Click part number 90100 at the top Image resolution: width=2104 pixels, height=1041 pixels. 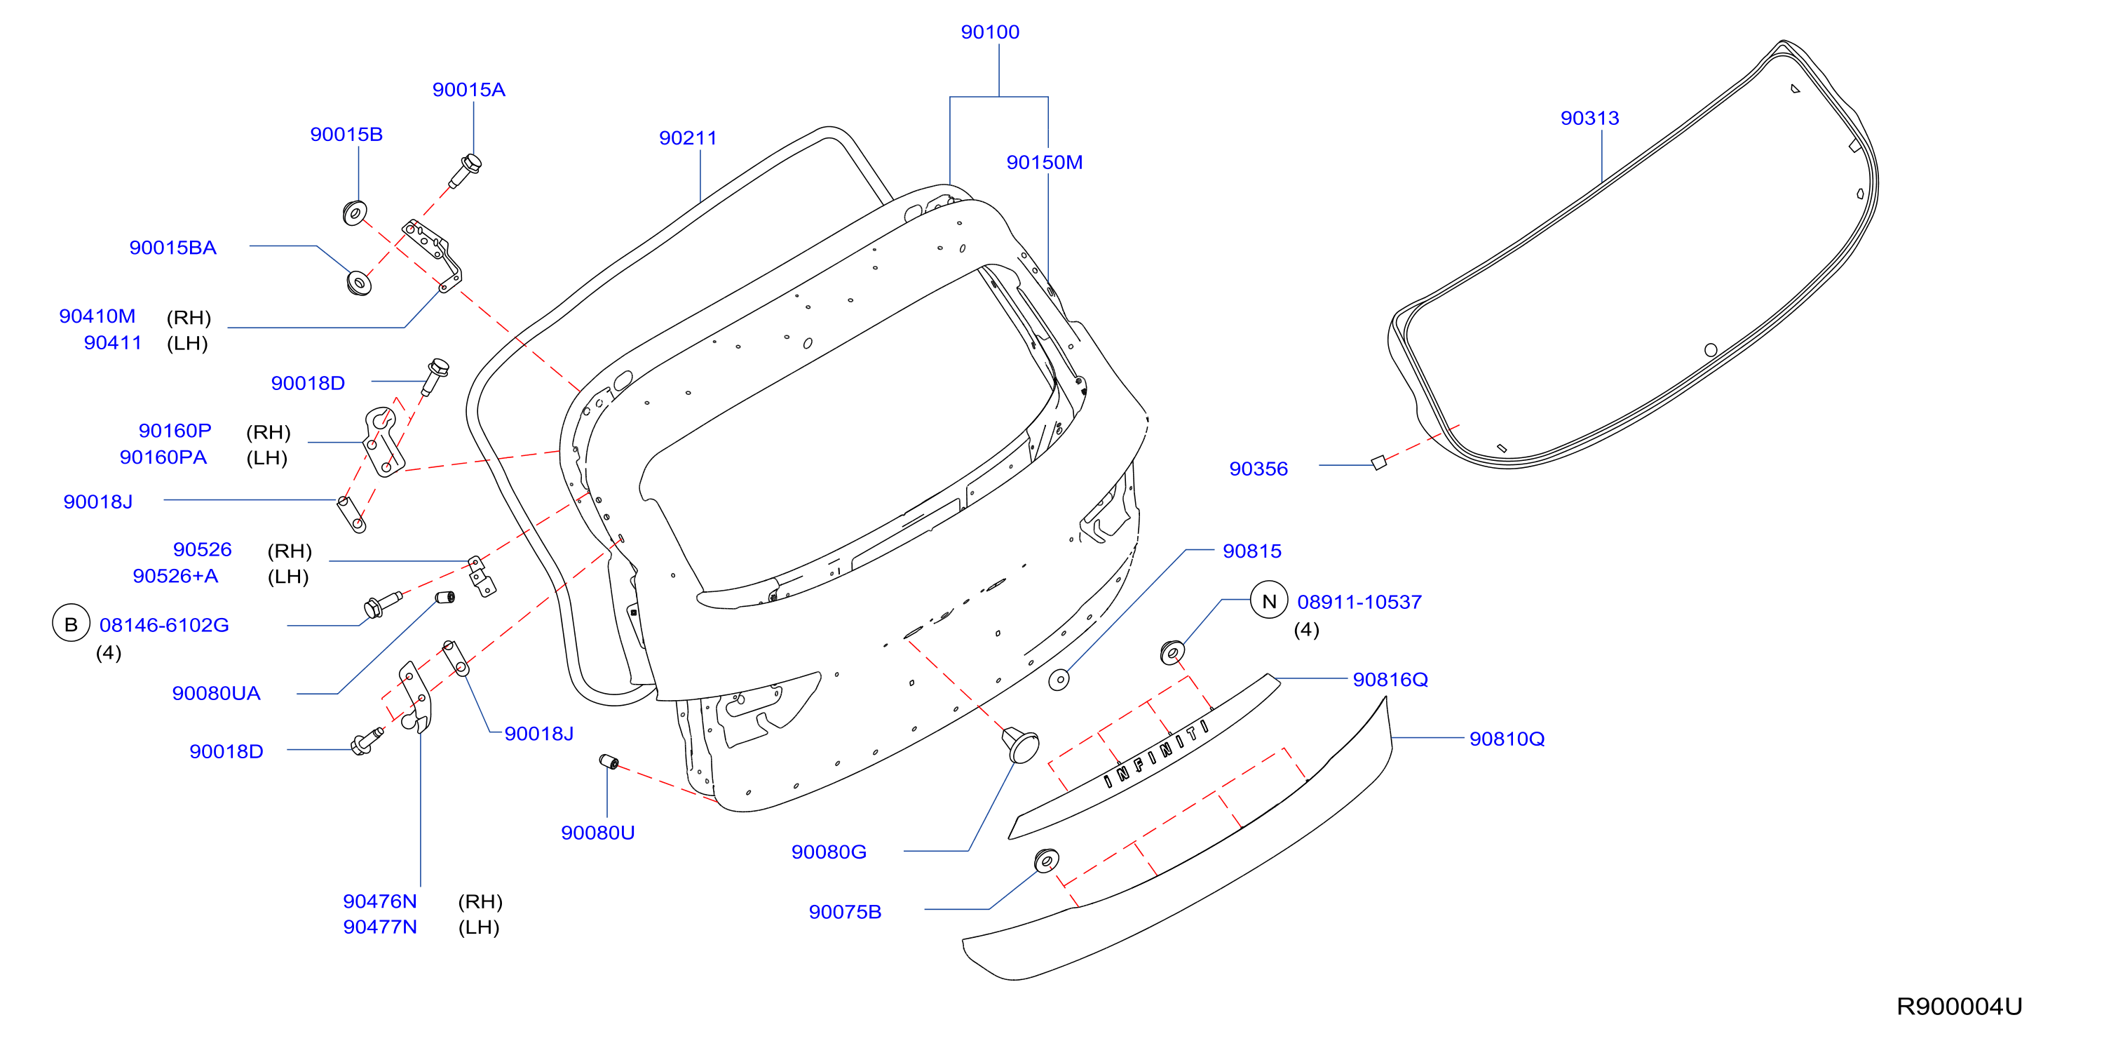(990, 32)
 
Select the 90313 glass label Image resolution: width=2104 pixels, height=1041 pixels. (1589, 118)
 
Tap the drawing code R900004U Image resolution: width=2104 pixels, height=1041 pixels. (1959, 1006)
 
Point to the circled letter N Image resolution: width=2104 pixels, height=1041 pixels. (1269, 601)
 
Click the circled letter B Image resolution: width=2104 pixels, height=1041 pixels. (71, 624)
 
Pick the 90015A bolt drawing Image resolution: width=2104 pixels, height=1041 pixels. (466, 170)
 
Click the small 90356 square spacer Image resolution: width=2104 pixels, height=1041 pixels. (1378, 462)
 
